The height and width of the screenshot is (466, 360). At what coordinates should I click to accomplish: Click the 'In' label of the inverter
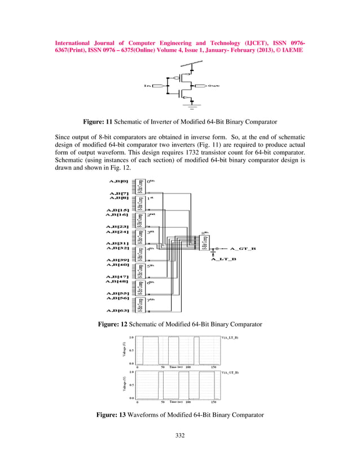coord(147,86)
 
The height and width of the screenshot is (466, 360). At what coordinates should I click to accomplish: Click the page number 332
coord(179,435)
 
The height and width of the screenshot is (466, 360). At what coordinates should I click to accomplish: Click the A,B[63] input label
coord(118,310)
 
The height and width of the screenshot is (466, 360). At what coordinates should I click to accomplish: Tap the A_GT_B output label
coord(243,248)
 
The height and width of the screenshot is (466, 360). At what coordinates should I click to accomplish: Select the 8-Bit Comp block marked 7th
coord(140,305)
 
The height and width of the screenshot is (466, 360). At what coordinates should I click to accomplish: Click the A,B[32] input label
coord(118,248)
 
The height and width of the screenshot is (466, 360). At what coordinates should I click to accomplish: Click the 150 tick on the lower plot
coord(213,402)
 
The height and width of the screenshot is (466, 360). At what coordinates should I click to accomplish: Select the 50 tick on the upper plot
coord(163,367)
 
